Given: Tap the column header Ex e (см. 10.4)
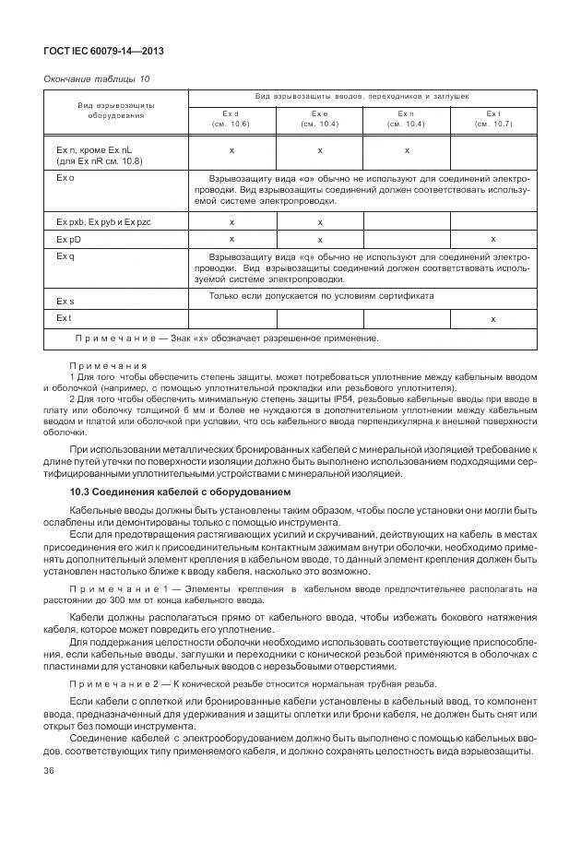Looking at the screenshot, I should click(319, 118).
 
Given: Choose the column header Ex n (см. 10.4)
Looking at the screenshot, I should click(406, 118).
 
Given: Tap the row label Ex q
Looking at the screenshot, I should click(64, 255).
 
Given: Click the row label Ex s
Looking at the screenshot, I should click(64, 302).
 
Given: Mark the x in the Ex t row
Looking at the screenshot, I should click(492, 318).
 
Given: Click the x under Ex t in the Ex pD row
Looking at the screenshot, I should click(492, 239).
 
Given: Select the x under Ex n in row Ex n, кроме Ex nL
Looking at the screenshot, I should click(406, 149).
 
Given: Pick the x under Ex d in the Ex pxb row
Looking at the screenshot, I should click(231, 222).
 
